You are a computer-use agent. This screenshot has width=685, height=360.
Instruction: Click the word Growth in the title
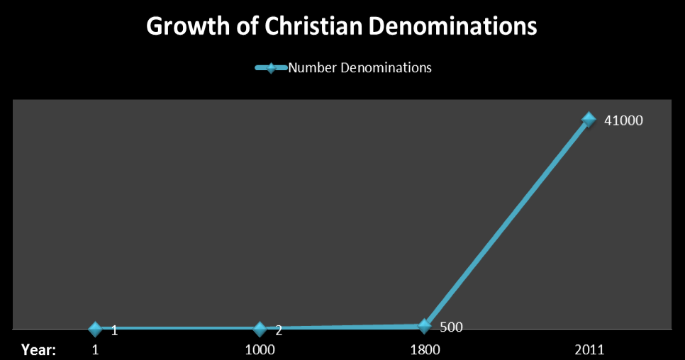(x=182, y=27)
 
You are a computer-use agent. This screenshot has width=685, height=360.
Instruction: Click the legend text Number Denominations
(x=360, y=68)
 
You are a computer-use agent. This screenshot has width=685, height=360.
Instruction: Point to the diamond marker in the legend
(x=271, y=68)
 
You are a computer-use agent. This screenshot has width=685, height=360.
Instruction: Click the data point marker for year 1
(x=96, y=329)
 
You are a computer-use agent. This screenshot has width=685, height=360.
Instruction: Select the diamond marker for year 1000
(x=260, y=329)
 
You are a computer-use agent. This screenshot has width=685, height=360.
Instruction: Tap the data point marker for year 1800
(x=424, y=326)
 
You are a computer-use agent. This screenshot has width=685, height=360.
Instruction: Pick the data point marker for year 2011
(x=589, y=119)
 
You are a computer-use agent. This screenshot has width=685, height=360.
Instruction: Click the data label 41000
(x=623, y=120)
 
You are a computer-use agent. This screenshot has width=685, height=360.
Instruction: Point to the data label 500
(x=452, y=327)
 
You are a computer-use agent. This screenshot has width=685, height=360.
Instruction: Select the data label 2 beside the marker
(x=279, y=330)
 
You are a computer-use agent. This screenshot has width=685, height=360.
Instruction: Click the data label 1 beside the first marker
(x=114, y=330)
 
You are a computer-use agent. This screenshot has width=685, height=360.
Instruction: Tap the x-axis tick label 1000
(x=260, y=349)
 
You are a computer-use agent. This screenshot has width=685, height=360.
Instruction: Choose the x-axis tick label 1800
(x=425, y=349)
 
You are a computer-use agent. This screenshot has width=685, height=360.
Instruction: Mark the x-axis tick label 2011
(x=589, y=349)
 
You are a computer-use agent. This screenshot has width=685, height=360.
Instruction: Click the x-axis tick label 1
(x=96, y=349)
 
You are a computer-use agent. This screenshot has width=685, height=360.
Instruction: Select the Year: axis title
(x=39, y=349)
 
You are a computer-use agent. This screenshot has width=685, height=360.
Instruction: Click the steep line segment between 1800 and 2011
(x=506, y=223)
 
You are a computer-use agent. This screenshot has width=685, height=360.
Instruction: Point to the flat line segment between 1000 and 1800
(x=342, y=327)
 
